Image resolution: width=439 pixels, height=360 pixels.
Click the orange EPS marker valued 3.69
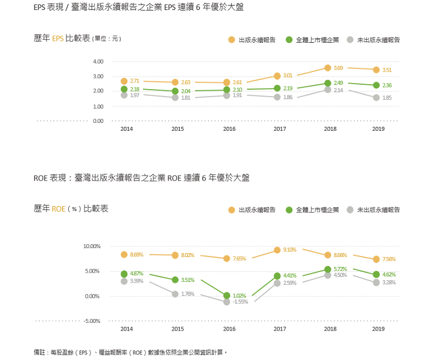click(328, 68)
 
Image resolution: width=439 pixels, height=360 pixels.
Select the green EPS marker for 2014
click(124, 89)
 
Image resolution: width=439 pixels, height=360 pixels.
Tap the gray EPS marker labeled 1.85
click(376, 97)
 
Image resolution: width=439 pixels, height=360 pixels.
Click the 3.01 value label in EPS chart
click(288, 75)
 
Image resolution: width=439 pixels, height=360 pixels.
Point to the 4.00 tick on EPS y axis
click(98, 61)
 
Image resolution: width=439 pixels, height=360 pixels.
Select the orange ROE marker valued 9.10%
click(277, 250)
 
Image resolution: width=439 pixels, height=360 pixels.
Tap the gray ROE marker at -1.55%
click(227, 302)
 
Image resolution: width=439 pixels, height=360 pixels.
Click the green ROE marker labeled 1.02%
click(227, 296)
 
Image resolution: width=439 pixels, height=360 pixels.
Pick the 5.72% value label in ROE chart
click(340, 269)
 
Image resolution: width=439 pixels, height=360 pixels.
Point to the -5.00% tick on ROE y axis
click(92, 321)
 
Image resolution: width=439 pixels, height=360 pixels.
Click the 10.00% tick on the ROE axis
click(92, 246)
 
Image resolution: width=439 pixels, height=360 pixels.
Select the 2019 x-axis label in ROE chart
click(378, 329)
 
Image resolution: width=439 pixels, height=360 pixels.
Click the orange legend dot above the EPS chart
click(232, 40)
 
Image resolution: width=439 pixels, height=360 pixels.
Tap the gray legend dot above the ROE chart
click(350, 210)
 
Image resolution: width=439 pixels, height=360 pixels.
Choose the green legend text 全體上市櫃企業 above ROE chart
click(317, 210)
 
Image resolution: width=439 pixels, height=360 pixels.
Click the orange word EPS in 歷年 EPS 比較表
click(58, 39)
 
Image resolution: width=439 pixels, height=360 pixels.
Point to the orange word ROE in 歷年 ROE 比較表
click(58, 209)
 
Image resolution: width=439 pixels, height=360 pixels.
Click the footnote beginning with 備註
click(131, 352)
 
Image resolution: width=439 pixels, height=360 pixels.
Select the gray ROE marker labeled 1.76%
click(175, 294)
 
